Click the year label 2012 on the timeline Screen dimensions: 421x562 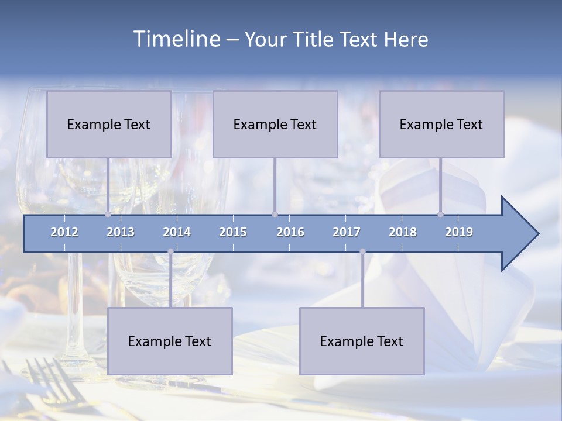pos(64,232)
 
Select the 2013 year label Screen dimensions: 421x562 pos(121,232)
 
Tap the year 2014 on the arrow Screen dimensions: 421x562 pos(177,232)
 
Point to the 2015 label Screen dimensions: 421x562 pos(233,232)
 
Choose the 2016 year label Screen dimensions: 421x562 pos(290,232)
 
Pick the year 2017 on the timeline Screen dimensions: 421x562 pos(347,232)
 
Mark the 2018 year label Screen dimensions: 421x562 pos(403,232)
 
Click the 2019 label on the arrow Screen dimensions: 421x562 pos(459,232)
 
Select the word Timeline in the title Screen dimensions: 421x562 pos(176,39)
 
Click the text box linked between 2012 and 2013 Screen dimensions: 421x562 pos(109,124)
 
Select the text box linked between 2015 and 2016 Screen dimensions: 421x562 pos(275,124)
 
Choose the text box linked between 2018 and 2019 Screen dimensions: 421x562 pos(441,124)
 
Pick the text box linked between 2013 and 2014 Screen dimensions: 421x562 pos(170,341)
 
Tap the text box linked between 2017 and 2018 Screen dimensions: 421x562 pos(362,341)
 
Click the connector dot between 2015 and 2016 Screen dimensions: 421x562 pos(275,214)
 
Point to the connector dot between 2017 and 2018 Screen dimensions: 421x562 pos(362,251)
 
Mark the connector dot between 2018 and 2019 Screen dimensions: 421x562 pos(440,214)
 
